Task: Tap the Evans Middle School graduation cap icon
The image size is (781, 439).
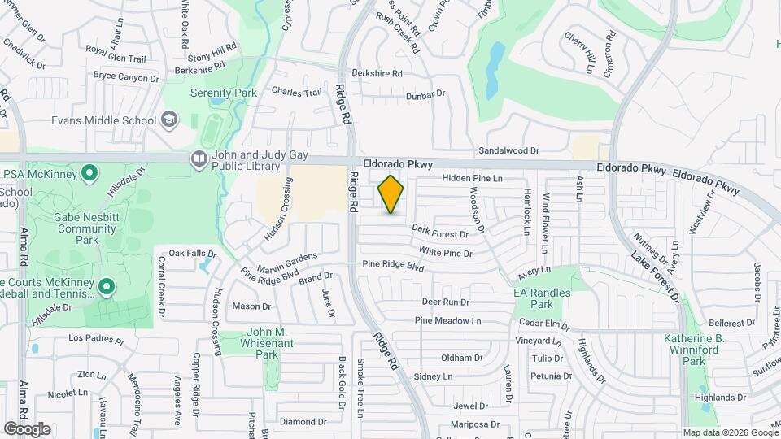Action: click(168, 120)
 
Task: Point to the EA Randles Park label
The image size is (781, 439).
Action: click(542, 298)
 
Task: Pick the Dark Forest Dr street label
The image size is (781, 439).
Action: click(440, 234)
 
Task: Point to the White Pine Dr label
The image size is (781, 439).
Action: click(446, 253)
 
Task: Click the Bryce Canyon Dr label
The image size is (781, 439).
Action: click(126, 77)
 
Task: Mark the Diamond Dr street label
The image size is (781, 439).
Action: click(302, 422)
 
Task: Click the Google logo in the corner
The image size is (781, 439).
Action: click(27, 429)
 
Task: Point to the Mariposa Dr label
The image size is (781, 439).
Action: click(476, 424)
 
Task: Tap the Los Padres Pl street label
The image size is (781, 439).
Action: click(95, 338)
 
